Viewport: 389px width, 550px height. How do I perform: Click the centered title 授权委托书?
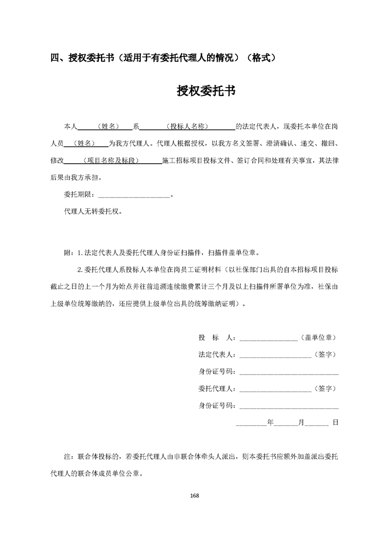pos(206,91)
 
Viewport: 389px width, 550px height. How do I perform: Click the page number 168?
pos(194,495)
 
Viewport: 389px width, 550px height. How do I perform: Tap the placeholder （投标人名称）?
pos(187,126)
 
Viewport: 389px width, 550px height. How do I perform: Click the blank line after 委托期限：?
pos(133,195)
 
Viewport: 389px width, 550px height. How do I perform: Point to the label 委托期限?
pos(78,195)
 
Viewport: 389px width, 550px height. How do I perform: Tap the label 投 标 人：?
pos(217,338)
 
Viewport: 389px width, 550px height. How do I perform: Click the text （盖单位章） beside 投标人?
pos(318,338)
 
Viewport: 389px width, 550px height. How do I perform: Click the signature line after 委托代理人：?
pos(275,390)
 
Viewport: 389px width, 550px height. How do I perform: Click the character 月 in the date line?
pos(302,422)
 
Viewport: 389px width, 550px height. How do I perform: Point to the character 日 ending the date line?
pos(336,422)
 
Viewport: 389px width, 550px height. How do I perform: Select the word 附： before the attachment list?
pos(69,253)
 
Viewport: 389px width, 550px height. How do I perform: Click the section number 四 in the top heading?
pos(55,58)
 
